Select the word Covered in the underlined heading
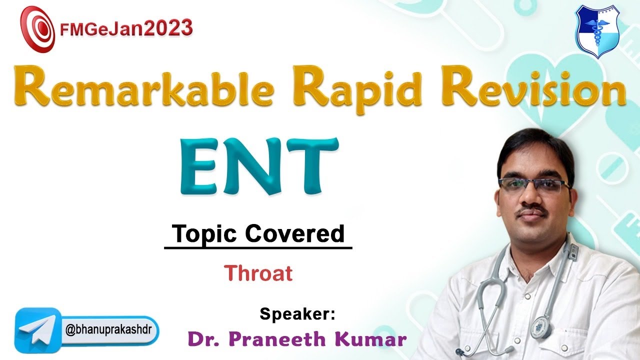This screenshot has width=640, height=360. point(295,234)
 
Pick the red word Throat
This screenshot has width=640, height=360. point(258,273)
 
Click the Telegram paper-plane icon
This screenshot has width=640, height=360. point(38,327)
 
